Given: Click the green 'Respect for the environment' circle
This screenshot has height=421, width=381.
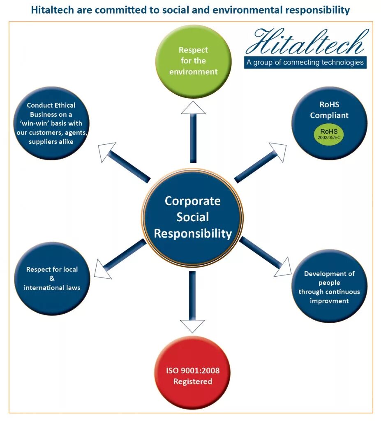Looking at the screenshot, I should click(x=193, y=62).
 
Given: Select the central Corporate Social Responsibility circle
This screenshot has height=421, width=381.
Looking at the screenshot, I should click(x=192, y=217).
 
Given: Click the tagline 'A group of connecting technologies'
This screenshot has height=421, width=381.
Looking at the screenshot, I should click(x=305, y=62).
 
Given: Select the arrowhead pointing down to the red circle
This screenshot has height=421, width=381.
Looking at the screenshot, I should click(x=192, y=326).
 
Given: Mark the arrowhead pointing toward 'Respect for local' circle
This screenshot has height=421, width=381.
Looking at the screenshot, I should click(x=103, y=269).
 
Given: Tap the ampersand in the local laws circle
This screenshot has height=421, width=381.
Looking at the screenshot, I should click(x=52, y=279).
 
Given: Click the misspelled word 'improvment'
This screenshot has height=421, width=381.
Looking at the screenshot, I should click(x=329, y=301).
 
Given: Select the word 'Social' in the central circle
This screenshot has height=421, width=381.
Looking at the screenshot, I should click(x=192, y=217).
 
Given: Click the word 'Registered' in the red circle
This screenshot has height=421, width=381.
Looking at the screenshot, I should click(x=193, y=382).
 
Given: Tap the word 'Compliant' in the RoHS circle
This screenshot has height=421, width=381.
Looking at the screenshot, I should click(x=329, y=115).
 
